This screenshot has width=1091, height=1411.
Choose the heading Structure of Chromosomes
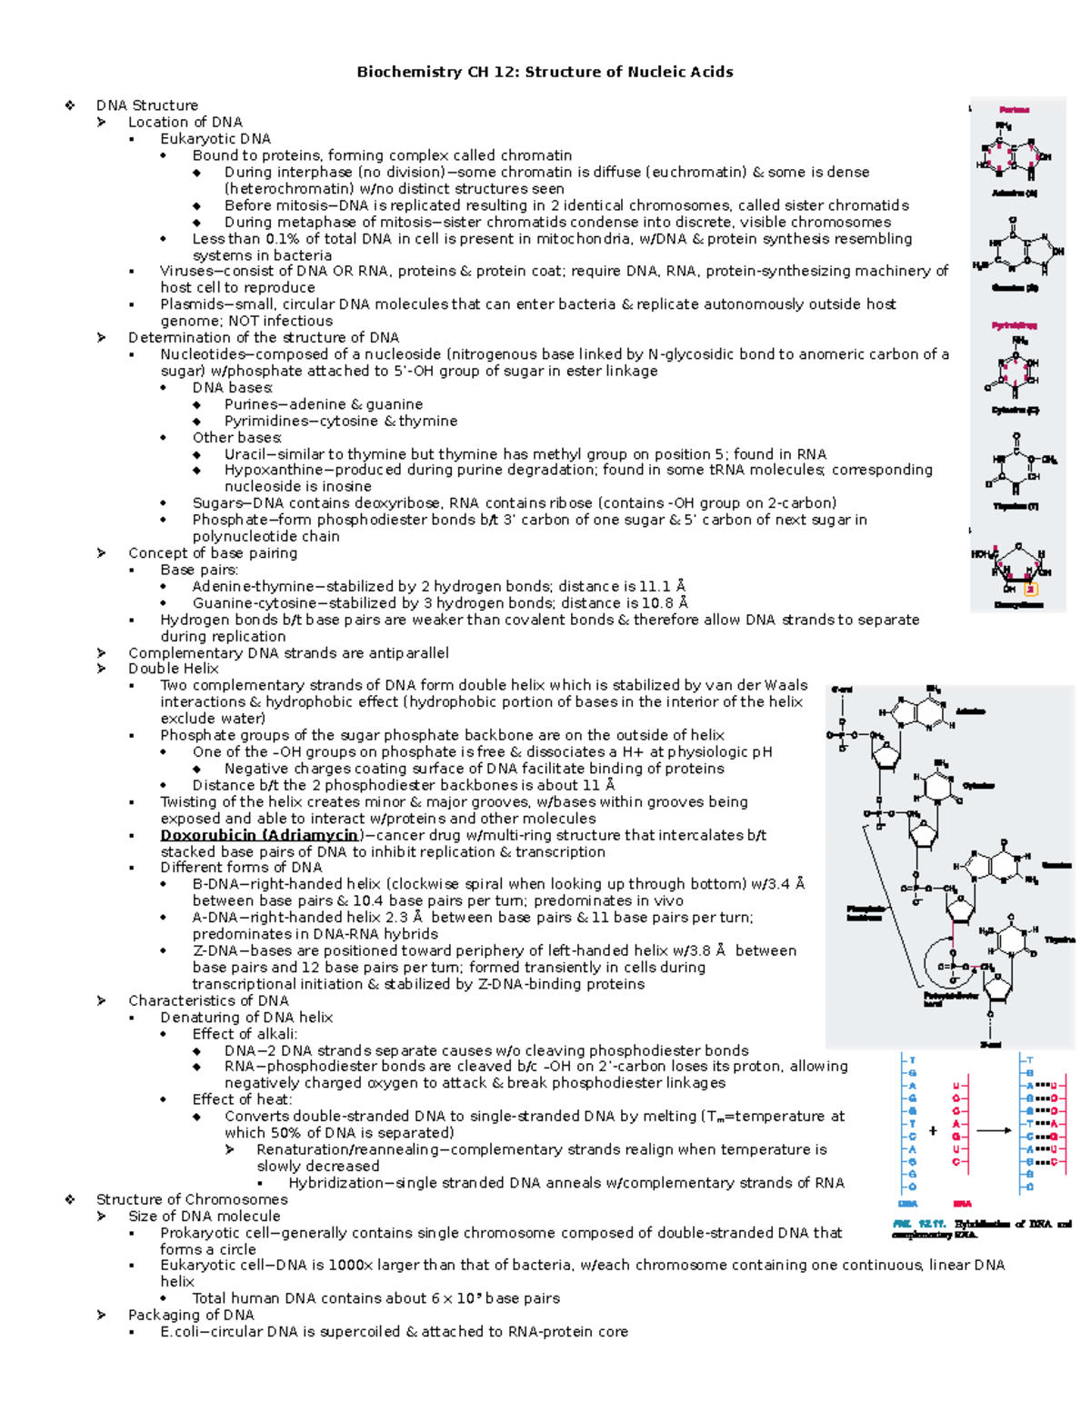pos(192,1199)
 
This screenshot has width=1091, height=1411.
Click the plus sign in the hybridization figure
pos(933,1131)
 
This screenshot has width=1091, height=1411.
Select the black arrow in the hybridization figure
pos(994,1131)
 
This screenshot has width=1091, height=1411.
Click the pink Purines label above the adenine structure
pos(1014,110)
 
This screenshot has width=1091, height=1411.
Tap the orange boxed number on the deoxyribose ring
pos(1031,589)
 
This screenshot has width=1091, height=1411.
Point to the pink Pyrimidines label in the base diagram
pos(1014,324)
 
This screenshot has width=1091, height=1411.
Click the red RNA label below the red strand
pos(962,1204)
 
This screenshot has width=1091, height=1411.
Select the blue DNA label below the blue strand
pos(907,1204)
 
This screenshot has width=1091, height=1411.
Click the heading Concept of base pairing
pos(213,553)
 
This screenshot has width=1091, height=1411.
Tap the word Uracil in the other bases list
pos(244,454)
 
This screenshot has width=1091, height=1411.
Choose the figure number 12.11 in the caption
pos(932,1224)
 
